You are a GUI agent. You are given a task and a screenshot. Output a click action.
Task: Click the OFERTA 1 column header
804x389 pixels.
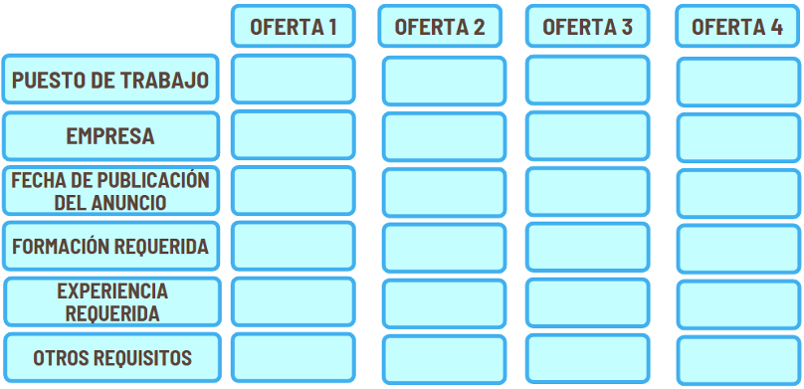pyautogui.click(x=294, y=26)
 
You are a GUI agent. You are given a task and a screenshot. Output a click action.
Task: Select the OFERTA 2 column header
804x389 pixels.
pyautogui.click(x=440, y=26)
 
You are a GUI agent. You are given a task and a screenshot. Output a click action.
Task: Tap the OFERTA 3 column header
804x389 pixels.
pyautogui.click(x=588, y=26)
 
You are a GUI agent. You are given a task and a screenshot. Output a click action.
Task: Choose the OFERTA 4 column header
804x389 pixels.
pyautogui.click(x=737, y=26)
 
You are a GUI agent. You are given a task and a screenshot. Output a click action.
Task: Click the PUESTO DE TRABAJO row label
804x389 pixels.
pyautogui.click(x=110, y=80)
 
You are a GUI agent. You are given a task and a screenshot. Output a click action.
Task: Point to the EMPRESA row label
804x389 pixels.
pyautogui.click(x=110, y=136)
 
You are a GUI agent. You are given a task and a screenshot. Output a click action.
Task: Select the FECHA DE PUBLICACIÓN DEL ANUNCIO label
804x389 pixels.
pyautogui.click(x=110, y=191)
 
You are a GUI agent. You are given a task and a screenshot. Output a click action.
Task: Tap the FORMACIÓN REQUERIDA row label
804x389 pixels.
pyautogui.click(x=110, y=246)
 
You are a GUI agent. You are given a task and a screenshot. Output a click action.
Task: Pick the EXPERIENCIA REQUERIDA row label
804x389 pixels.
pyautogui.click(x=112, y=301)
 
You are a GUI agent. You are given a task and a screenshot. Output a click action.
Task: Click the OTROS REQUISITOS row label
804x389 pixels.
pyautogui.click(x=112, y=358)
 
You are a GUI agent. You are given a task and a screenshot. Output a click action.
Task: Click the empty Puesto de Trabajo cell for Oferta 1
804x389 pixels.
pyautogui.click(x=294, y=80)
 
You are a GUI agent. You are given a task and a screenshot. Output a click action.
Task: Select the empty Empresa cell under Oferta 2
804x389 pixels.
pyautogui.click(x=444, y=137)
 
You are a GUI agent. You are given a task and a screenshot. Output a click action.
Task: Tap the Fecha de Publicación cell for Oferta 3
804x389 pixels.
pyautogui.click(x=588, y=192)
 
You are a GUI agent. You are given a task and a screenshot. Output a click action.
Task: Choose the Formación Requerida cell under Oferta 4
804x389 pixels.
pyautogui.click(x=738, y=249)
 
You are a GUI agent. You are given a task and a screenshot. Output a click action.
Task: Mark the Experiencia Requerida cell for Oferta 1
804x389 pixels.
pyautogui.click(x=294, y=301)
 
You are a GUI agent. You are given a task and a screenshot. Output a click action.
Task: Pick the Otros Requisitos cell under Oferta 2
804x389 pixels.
pyautogui.click(x=444, y=359)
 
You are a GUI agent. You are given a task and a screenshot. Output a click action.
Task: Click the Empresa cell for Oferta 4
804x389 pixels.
pyautogui.click(x=738, y=138)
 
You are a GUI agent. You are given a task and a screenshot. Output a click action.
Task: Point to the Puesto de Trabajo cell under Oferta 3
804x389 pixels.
pyautogui.click(x=588, y=80)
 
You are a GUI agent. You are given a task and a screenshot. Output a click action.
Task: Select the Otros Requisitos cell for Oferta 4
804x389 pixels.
pyautogui.click(x=738, y=360)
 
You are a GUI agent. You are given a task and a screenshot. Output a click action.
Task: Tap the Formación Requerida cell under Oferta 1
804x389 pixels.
pyautogui.click(x=294, y=246)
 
